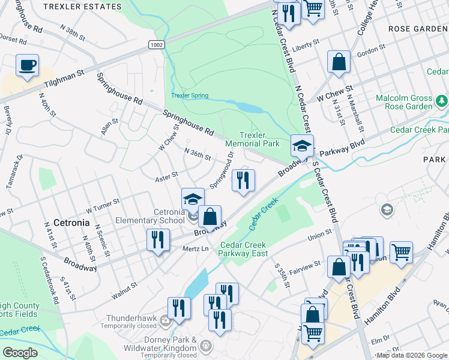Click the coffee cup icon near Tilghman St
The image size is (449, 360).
coord(28,65)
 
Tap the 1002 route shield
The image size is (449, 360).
coord(157,45)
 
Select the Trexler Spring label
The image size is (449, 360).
coord(190,95)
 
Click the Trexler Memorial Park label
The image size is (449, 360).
coord(253,140)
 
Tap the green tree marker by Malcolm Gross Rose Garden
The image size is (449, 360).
coord(442,100)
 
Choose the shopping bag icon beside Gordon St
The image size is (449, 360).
coord(339,62)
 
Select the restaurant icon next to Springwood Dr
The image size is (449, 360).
coord(243,180)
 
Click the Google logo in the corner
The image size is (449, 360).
coord(20,352)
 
